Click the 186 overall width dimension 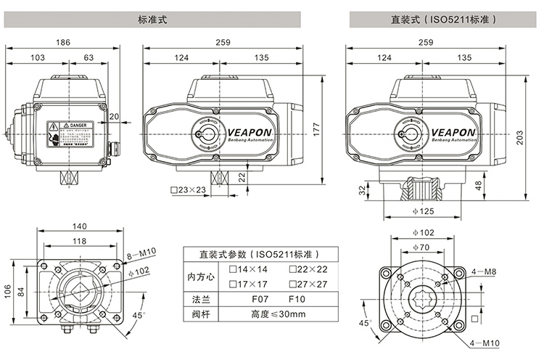point(64,43)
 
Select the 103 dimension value point(38,57)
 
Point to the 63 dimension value point(88,57)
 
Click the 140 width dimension point(80,226)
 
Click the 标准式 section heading point(152,20)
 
